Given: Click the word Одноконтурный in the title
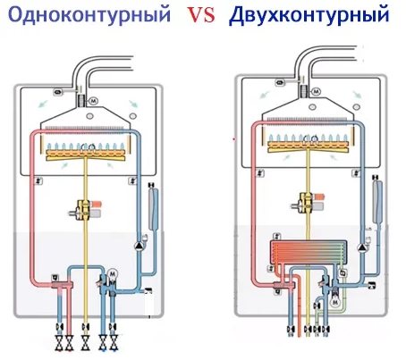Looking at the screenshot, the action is pyautogui.click(x=89, y=14).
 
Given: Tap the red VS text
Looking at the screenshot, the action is pyautogui.click(x=200, y=15).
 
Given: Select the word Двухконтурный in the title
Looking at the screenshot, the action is pyautogui.click(x=309, y=14).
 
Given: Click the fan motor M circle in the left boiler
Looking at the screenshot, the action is pyautogui.click(x=94, y=101).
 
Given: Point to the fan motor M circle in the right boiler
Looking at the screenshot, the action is pyautogui.click(x=317, y=91).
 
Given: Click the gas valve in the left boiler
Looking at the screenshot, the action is pyautogui.click(x=86, y=209).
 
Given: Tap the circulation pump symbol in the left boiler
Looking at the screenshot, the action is pyautogui.click(x=140, y=246).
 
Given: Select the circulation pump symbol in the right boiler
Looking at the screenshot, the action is pyautogui.click(x=362, y=247).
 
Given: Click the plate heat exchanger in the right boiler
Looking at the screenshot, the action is pyautogui.click(x=309, y=252).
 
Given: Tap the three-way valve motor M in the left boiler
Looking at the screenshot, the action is pyautogui.click(x=113, y=273).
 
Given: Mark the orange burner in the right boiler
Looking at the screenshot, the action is pyautogui.click(x=308, y=147).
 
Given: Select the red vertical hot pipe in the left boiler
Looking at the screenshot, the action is pyautogui.click(x=32, y=208).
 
